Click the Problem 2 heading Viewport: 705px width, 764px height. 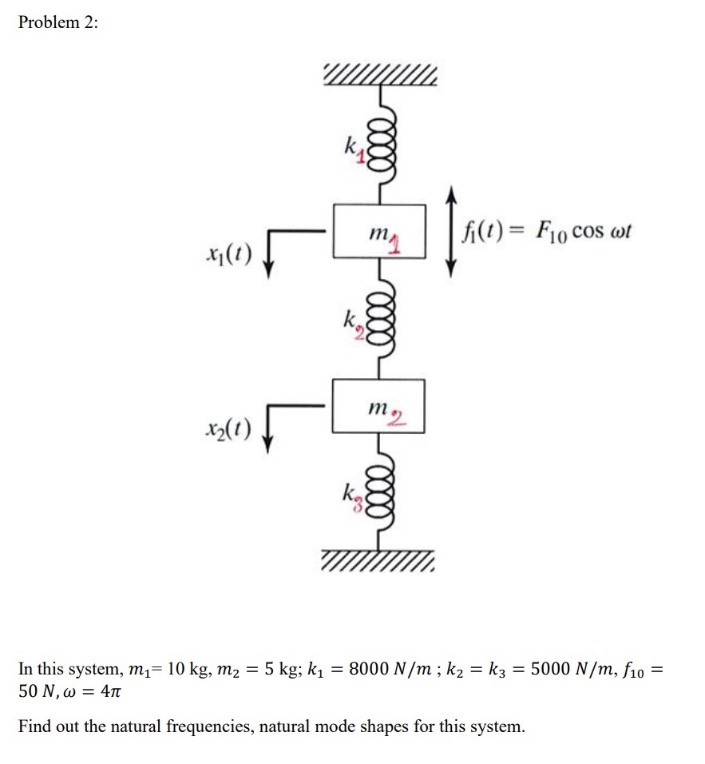[x=58, y=22]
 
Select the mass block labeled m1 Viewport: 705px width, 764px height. [x=378, y=232]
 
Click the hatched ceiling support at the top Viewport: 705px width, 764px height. [x=379, y=75]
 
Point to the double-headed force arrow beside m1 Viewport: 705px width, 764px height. [x=452, y=232]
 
